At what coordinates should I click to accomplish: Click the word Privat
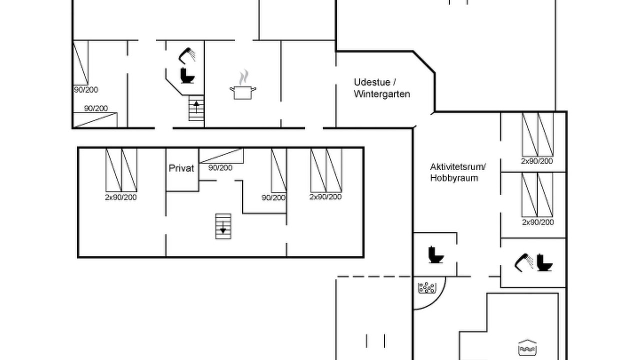181,168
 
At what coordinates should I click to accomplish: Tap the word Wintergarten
382,94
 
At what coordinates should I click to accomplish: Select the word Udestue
372,82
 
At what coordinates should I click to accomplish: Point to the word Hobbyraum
454,178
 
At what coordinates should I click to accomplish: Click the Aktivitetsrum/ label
458,167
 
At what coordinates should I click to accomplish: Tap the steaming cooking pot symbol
243,85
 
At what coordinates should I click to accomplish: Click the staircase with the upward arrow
196,108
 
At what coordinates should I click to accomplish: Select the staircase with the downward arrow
223,226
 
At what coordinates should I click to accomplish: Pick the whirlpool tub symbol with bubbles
427,288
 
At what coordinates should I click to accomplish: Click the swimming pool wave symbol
527,347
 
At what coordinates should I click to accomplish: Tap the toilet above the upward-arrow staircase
187,75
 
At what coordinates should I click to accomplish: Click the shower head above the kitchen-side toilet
187,55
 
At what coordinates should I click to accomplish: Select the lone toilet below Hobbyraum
436,255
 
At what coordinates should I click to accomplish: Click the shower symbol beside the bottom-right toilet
524,263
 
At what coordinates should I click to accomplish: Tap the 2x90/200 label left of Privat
121,197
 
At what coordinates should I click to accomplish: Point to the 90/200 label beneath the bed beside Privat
220,168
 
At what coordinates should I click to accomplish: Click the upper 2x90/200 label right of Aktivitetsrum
537,161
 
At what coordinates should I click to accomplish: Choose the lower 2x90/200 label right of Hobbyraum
538,222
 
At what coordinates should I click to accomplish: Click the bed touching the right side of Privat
221,156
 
